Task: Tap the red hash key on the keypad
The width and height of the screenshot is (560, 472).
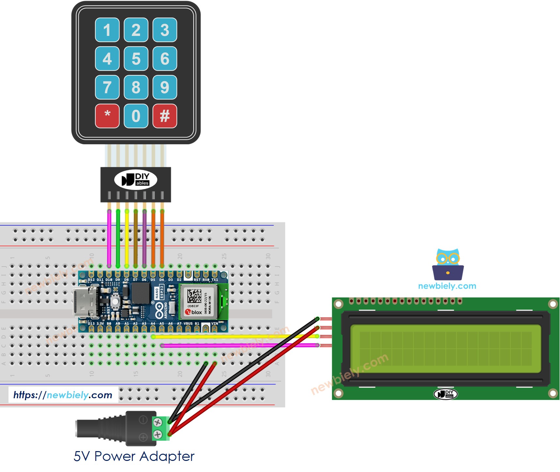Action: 165,116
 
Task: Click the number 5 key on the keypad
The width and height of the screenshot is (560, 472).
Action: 136,59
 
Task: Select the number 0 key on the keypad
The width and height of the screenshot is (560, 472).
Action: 136,116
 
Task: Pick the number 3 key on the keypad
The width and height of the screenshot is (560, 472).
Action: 165,30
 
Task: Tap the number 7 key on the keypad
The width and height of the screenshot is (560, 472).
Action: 107,87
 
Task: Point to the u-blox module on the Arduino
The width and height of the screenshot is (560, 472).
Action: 198,302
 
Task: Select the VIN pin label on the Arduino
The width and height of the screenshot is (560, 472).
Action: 214,323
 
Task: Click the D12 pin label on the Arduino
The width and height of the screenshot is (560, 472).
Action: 91,280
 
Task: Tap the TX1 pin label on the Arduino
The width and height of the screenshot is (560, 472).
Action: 214,280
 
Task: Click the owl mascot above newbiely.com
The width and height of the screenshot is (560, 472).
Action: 448,264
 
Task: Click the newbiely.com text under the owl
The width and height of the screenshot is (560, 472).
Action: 447,286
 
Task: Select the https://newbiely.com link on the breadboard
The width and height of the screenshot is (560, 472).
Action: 63,395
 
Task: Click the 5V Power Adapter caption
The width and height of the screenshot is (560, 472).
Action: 134,456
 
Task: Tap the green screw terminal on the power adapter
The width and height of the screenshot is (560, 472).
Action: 160,428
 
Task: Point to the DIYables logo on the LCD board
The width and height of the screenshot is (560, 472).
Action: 445,394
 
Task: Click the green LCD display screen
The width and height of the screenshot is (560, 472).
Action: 445,349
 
